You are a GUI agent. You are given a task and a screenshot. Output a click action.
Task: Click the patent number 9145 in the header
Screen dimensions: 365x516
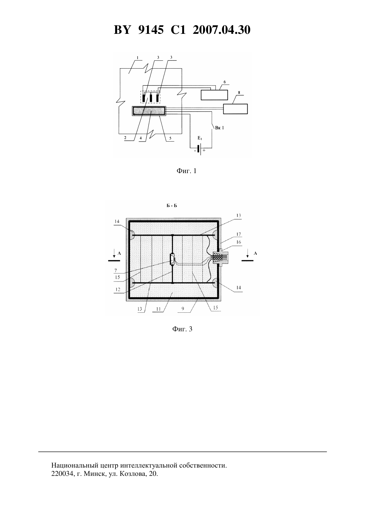[151, 30]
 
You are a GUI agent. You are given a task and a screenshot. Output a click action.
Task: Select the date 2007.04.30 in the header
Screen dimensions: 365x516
[221, 30]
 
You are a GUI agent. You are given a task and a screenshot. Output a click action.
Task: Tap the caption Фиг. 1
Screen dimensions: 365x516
[186, 171]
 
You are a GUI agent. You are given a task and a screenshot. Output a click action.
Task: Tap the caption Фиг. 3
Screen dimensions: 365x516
[182, 329]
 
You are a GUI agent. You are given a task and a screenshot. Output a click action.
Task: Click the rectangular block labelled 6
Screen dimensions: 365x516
[214, 95]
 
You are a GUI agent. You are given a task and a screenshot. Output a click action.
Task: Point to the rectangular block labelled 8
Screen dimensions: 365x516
[236, 109]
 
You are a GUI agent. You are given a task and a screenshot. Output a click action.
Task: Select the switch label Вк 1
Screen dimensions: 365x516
[220, 128]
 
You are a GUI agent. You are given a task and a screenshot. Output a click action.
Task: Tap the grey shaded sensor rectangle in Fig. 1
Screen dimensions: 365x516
[149, 111]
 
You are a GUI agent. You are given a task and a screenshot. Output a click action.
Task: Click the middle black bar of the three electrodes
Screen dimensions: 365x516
[151, 98]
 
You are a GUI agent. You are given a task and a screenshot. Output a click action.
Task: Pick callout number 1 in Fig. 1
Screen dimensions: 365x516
[138, 58]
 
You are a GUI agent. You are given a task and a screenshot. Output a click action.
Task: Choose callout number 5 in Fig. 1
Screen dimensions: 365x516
[170, 138]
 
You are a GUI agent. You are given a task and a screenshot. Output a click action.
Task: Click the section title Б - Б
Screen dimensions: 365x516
[172, 206]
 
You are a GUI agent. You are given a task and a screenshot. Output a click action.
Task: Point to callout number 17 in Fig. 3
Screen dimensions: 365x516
[239, 234]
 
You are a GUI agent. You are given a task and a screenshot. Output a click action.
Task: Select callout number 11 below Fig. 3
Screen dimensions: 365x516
[158, 309]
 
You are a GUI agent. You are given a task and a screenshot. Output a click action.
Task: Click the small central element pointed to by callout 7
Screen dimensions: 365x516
[172, 259]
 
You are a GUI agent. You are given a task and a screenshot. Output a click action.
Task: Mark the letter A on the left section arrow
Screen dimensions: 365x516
[119, 253]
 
